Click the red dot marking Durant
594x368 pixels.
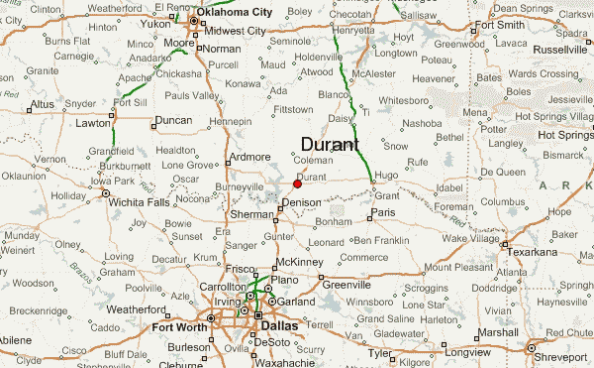coord(297,183)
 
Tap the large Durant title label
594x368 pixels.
coord(330,144)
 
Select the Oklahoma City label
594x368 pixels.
coord(235,12)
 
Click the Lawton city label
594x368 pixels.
coord(95,124)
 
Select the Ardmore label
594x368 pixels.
coord(248,157)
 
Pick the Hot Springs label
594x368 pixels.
coord(563,134)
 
